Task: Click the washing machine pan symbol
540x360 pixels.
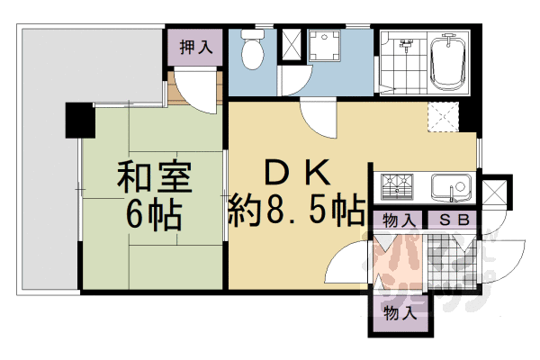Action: [x=323, y=46]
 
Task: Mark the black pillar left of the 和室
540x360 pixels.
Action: [x=79, y=121]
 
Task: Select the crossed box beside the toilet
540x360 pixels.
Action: [x=292, y=45]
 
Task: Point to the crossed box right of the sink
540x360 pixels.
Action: [x=493, y=193]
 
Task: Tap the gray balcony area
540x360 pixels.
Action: [x=45, y=162]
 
